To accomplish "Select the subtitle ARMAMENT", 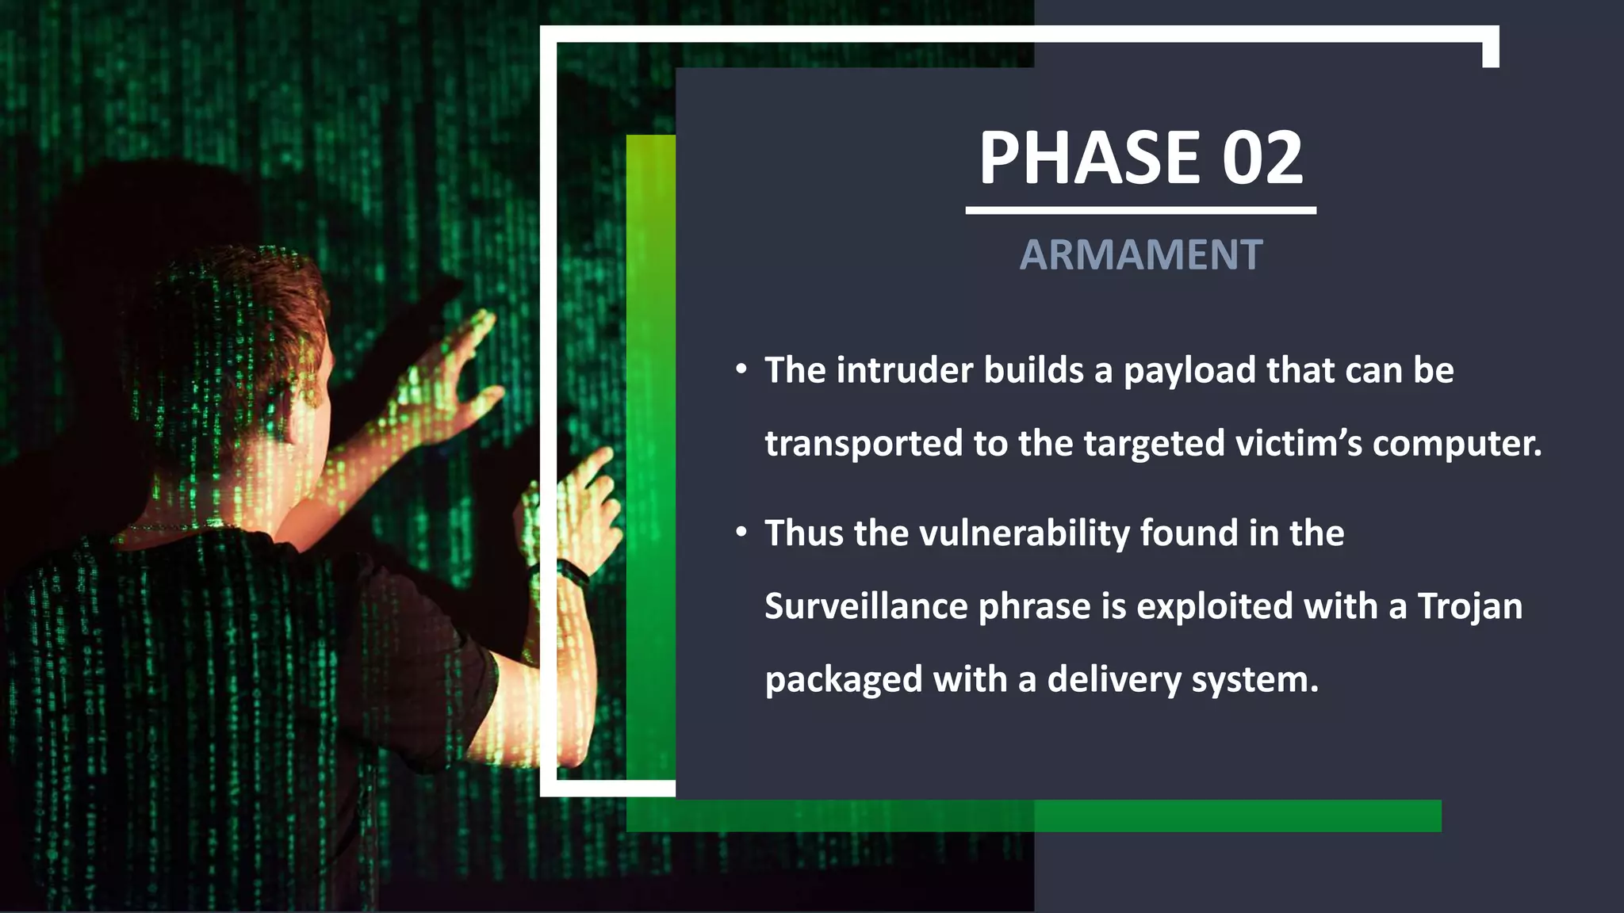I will click(x=1140, y=255).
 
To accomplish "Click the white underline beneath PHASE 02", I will click(x=1140, y=211).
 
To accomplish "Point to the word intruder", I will click(x=904, y=371).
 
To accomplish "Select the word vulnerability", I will click(x=1024, y=533).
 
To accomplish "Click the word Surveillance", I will click(x=866, y=606).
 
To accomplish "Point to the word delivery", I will click(x=1114, y=681).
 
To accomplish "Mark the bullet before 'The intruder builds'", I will click(x=741, y=370).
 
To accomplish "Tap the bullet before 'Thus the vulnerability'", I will click(x=741, y=533).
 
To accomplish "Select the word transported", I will click(x=863, y=444).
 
